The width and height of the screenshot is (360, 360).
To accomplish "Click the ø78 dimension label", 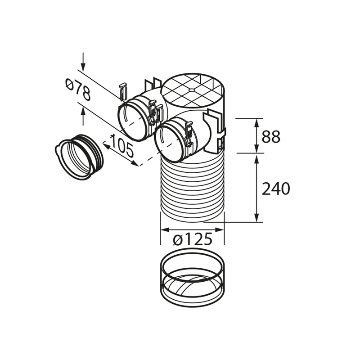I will [x=77, y=90].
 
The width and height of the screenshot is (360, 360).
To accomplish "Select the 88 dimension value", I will [x=271, y=136].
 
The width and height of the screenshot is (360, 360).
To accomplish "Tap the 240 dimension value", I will [x=275, y=189].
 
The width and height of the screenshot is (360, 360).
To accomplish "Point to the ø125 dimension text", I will [x=193, y=239].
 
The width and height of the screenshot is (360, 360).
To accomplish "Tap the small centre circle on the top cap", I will [x=192, y=90].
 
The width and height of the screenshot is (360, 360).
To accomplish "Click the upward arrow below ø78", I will [x=83, y=118].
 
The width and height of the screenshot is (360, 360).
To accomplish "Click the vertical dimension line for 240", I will [x=256, y=187].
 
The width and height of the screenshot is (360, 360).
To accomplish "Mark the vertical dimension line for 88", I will [x=256, y=135].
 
